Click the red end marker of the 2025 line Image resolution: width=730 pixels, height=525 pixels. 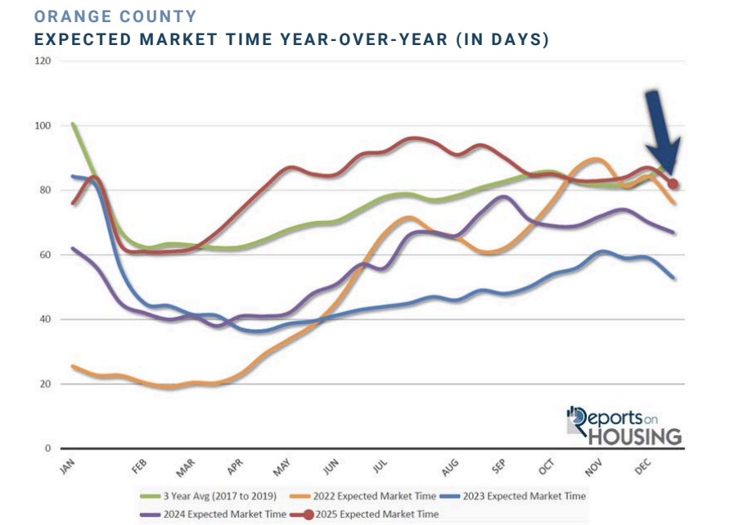[673, 184]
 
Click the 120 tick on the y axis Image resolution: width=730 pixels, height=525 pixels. [43, 61]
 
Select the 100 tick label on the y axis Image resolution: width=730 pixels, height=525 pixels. [43, 126]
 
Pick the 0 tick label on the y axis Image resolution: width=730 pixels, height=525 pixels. [47, 449]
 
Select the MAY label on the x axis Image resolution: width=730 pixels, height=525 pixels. [281, 468]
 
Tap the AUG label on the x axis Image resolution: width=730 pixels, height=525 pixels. [449, 468]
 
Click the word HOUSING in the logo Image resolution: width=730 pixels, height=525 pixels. [634, 436]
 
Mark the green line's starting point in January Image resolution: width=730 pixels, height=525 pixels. [73, 124]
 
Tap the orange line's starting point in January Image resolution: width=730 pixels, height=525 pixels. [73, 366]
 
